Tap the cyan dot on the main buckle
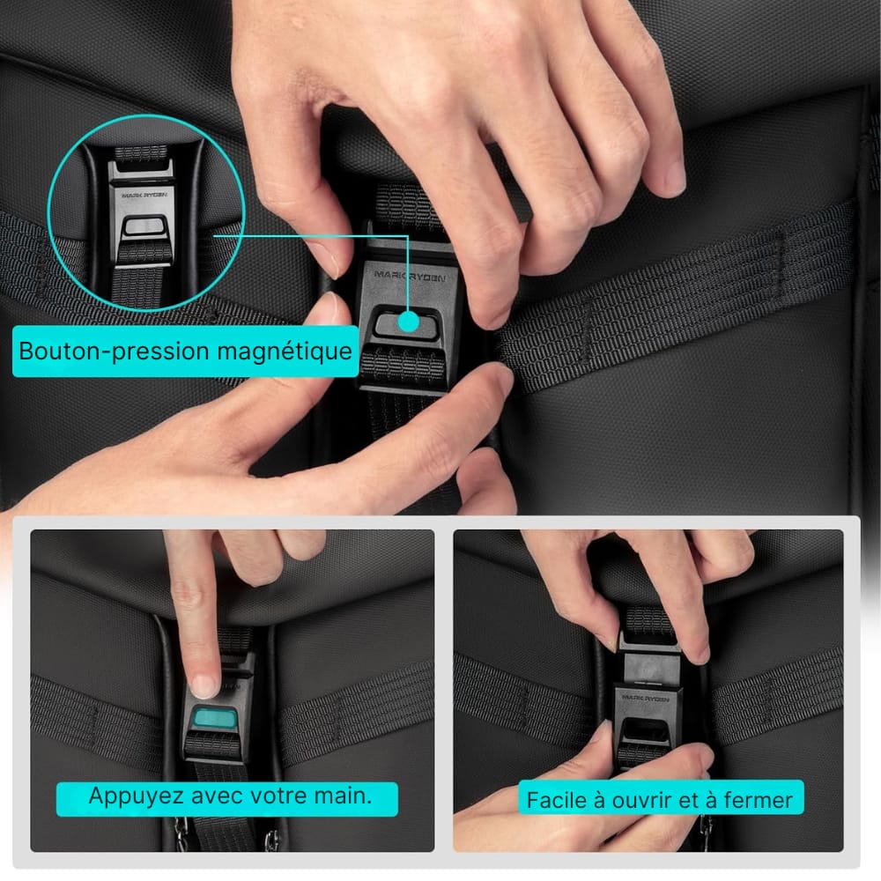tap(409, 322)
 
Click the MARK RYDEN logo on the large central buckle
tap(410, 275)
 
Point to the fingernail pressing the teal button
tap(204, 686)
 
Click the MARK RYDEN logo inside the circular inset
tap(144, 195)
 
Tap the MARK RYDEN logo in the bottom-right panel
tap(646, 699)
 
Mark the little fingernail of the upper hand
tap(675, 179)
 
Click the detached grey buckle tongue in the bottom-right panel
tap(649, 668)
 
